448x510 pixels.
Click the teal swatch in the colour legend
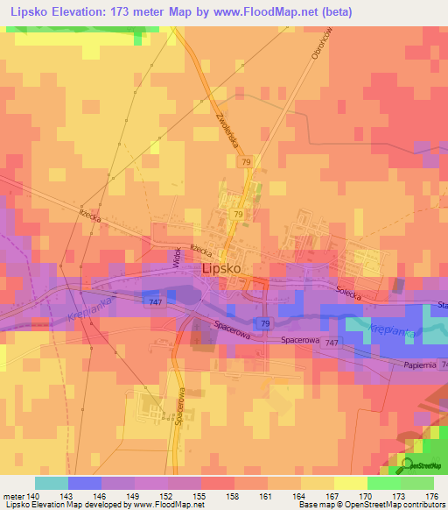click(51, 483)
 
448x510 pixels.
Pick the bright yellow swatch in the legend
click(350, 483)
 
